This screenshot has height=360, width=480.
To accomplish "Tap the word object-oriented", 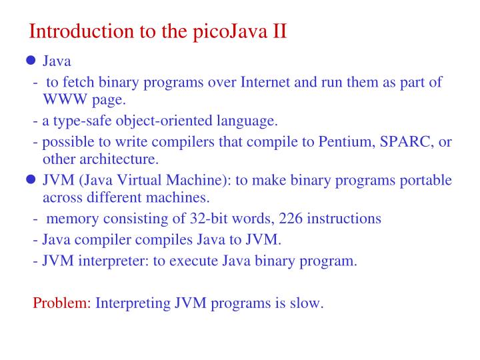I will tap(159, 121).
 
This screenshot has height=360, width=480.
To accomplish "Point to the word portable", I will tap(426, 181).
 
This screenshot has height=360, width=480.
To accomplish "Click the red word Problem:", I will tap(62, 303).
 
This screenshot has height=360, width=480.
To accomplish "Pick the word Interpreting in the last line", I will tap(133, 303).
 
